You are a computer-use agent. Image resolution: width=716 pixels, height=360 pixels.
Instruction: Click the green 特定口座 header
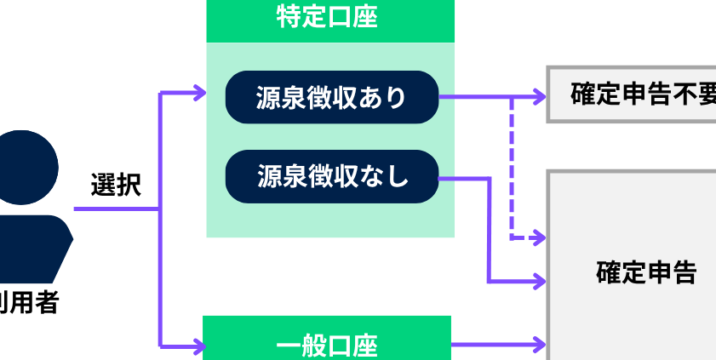pyautogui.click(x=330, y=20)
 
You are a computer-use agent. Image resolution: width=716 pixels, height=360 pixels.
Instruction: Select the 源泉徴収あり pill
pyautogui.click(x=331, y=97)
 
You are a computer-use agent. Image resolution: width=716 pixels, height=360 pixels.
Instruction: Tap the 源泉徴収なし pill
pyautogui.click(x=331, y=177)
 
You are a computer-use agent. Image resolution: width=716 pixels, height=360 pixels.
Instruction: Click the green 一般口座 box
pyautogui.click(x=326, y=342)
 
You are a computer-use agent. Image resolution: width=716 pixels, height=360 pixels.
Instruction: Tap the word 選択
pyautogui.click(x=116, y=185)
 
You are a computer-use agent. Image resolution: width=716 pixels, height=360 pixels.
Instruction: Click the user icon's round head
pyautogui.click(x=23, y=167)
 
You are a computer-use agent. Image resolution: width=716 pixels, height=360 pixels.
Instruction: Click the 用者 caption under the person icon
pyautogui.click(x=32, y=303)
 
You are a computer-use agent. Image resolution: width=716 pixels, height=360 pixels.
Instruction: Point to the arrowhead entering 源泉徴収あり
pyautogui.click(x=199, y=93)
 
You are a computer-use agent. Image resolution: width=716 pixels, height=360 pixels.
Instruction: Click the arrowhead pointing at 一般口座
pyautogui.click(x=198, y=346)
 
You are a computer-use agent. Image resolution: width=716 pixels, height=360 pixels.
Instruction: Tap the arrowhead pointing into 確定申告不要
pyautogui.click(x=539, y=97)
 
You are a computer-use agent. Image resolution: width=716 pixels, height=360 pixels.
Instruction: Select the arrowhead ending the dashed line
pyautogui.click(x=538, y=237)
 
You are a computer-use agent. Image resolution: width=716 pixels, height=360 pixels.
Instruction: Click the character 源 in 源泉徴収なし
pyautogui.click(x=269, y=177)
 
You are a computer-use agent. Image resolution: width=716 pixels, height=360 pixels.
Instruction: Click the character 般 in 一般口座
pyautogui.click(x=312, y=346)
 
